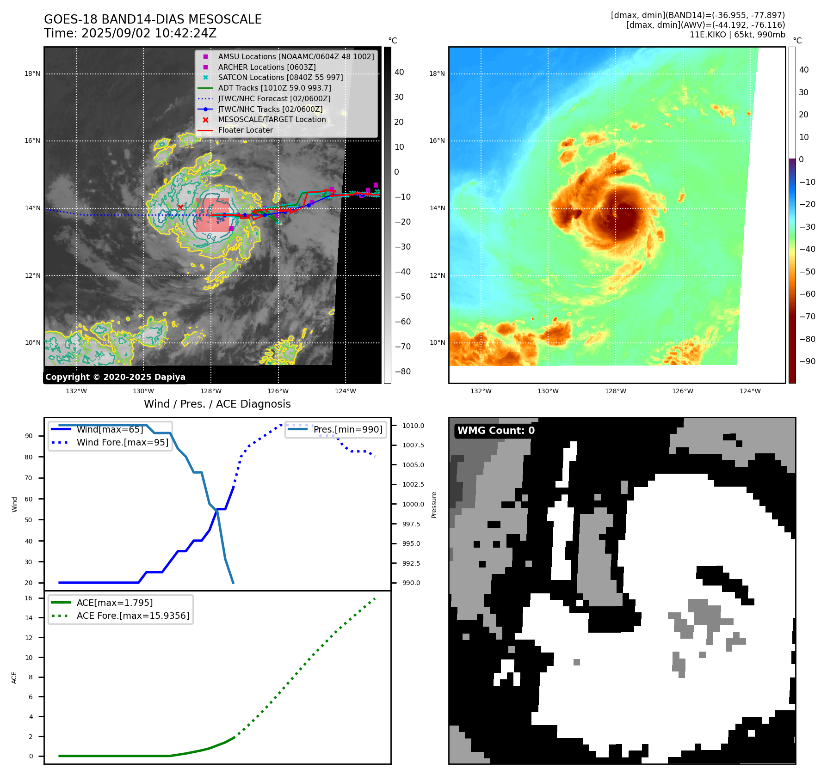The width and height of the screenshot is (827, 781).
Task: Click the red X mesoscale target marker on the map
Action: pyautogui.click(x=180, y=207)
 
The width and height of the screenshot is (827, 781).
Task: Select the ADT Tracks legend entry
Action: pyautogui.click(x=274, y=88)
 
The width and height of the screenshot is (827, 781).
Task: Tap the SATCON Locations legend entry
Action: pyautogui.click(x=280, y=77)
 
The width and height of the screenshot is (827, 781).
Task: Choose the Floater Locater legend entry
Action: pyautogui.click(x=245, y=130)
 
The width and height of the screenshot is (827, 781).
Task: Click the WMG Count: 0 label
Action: pyautogui.click(x=496, y=430)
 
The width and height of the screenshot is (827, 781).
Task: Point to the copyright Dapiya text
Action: pyautogui.click(x=115, y=377)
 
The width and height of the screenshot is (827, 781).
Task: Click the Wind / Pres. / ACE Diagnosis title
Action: pyautogui.click(x=217, y=404)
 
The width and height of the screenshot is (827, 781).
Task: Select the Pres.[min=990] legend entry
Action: pyautogui.click(x=348, y=429)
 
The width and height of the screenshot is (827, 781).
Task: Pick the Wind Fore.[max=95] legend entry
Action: pyautogui.click(x=123, y=442)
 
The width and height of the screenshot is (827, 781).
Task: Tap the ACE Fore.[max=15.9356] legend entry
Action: pyautogui.click(x=133, y=616)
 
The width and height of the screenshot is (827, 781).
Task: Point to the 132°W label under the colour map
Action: pyautogui.click(x=481, y=391)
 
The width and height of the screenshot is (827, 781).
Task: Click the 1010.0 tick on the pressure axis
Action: pyautogui.click(x=413, y=426)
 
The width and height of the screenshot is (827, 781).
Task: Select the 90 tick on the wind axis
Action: pyautogui.click(x=29, y=436)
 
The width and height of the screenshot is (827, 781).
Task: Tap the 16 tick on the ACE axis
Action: pyautogui.click(x=29, y=598)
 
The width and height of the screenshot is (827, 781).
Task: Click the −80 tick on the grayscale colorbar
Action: pyautogui.click(x=402, y=371)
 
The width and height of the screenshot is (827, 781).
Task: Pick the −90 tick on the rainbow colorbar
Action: pyautogui.click(x=807, y=361)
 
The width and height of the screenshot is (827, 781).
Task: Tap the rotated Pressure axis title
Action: pyautogui.click(x=434, y=505)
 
